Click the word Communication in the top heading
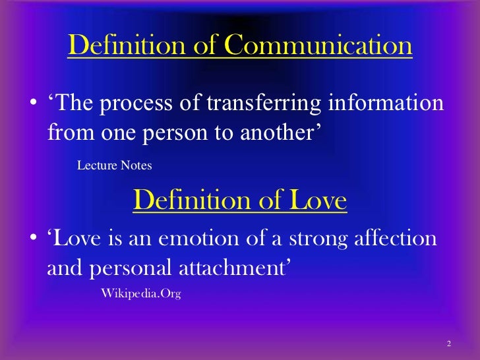pos(318,46)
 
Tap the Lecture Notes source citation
pos(114,165)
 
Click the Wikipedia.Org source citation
pos(140,293)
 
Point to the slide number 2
pos(448,344)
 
